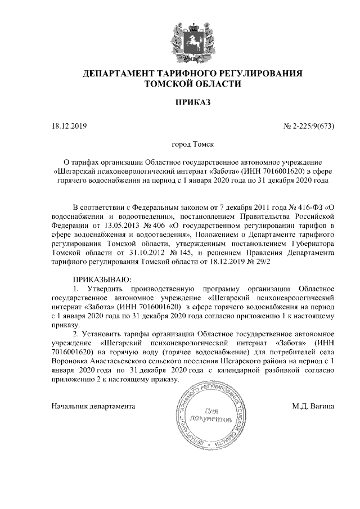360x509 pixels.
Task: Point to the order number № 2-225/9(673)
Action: pyautogui.click(x=308, y=125)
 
